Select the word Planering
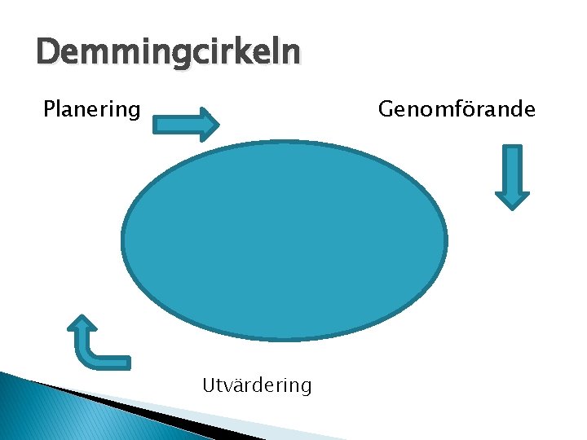(x=91, y=108)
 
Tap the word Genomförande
(x=457, y=108)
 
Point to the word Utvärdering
(x=257, y=385)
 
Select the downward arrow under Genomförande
(x=512, y=177)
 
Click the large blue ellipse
(x=285, y=240)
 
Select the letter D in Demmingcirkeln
(x=48, y=54)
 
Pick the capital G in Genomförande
(x=385, y=108)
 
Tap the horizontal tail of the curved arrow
(x=110, y=360)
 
